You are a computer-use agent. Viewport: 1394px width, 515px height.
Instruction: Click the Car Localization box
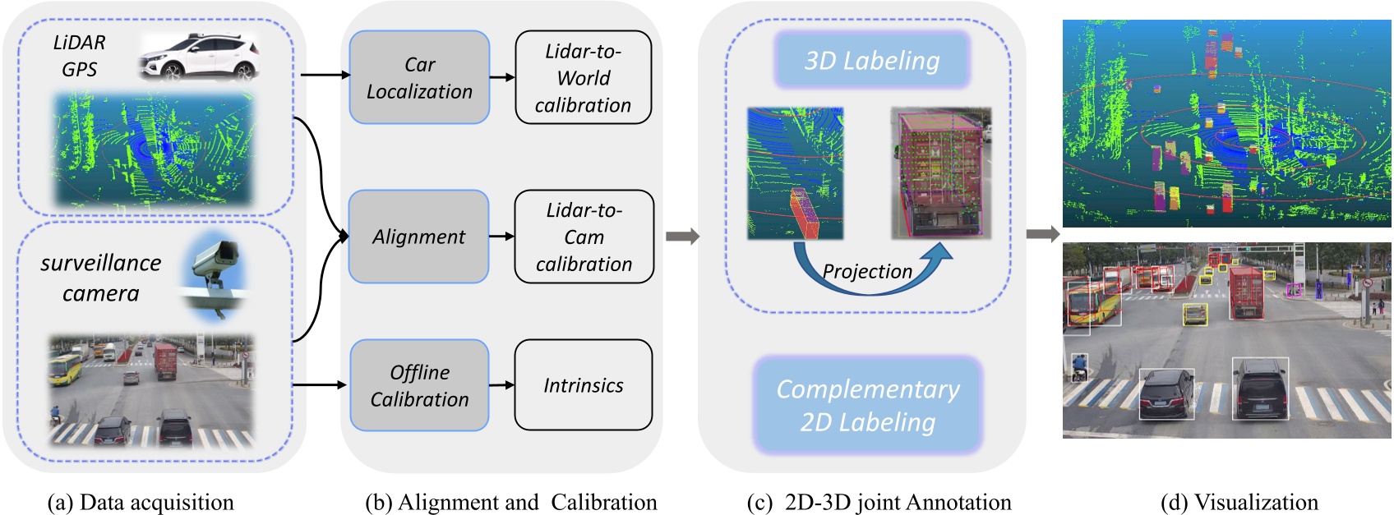coord(419,78)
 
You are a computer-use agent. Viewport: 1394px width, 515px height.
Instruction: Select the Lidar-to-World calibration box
coord(583,78)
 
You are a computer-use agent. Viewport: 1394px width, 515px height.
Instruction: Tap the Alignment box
coord(419,237)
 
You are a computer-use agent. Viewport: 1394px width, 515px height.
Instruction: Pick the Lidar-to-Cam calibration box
coord(584,237)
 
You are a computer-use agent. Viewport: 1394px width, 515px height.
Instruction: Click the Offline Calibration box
coord(419,386)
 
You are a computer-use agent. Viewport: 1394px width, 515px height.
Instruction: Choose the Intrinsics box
coord(583,385)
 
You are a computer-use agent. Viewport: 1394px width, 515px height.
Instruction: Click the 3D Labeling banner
coord(871,61)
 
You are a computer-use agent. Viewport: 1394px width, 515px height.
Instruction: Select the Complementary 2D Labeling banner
coord(868,405)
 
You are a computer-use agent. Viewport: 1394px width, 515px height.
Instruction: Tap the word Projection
coord(867,271)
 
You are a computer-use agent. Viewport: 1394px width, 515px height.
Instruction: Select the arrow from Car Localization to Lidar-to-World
coord(501,78)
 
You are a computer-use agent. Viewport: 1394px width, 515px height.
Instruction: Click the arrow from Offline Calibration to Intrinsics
coord(501,384)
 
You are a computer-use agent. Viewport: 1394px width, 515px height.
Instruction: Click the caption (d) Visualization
coord(1239,502)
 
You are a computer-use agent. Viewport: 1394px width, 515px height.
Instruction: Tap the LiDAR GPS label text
coord(80,56)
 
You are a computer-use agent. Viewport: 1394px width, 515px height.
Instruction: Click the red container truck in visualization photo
coord(1245,292)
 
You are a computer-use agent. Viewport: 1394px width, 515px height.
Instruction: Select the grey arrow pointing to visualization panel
coord(1043,234)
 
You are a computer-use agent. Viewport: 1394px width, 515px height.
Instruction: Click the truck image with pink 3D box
coord(940,173)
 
